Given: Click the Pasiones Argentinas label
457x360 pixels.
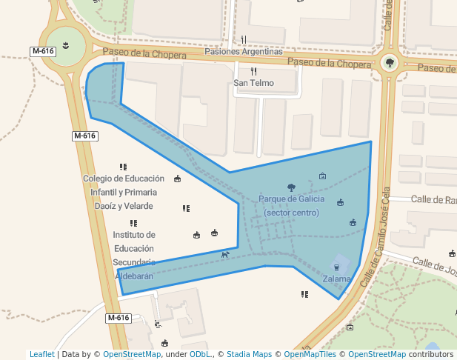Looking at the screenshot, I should click(x=244, y=52).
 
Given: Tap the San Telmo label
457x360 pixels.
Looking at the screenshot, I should click(x=253, y=83).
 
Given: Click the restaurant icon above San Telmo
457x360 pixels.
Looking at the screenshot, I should click(x=253, y=71).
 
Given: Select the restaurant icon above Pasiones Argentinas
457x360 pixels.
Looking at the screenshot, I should click(x=244, y=40).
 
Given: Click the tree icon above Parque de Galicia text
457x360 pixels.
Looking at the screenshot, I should click(x=290, y=187).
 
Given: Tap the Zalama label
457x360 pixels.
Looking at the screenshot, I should click(x=337, y=279).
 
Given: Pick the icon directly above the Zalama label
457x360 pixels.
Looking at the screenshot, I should click(x=337, y=267).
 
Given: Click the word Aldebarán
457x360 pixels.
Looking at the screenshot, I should click(x=134, y=276).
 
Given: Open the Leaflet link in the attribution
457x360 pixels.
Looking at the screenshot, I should click(x=42, y=354).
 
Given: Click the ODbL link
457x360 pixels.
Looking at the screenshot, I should click(x=200, y=354).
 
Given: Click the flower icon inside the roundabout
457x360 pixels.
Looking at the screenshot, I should click(x=66, y=47).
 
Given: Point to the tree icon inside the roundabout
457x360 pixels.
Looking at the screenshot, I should click(x=390, y=63).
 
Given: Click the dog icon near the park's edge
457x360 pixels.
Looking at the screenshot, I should click(x=224, y=255).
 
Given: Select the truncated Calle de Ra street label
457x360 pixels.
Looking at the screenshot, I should click(x=433, y=199).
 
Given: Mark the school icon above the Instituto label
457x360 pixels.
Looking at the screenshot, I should click(x=133, y=223).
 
